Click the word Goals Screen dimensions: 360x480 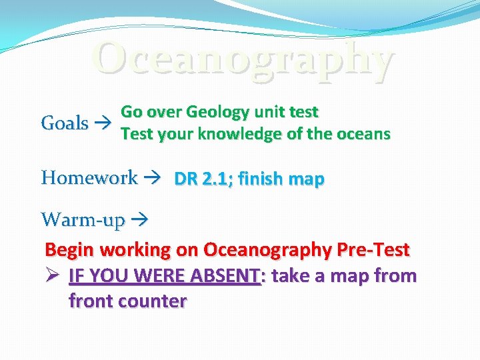65,123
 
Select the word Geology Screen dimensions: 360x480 217,111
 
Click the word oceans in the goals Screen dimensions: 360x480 363,134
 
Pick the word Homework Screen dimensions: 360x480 89,178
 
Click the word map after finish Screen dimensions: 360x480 307,179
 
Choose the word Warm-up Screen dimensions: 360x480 82,219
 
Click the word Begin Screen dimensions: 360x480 71,250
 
